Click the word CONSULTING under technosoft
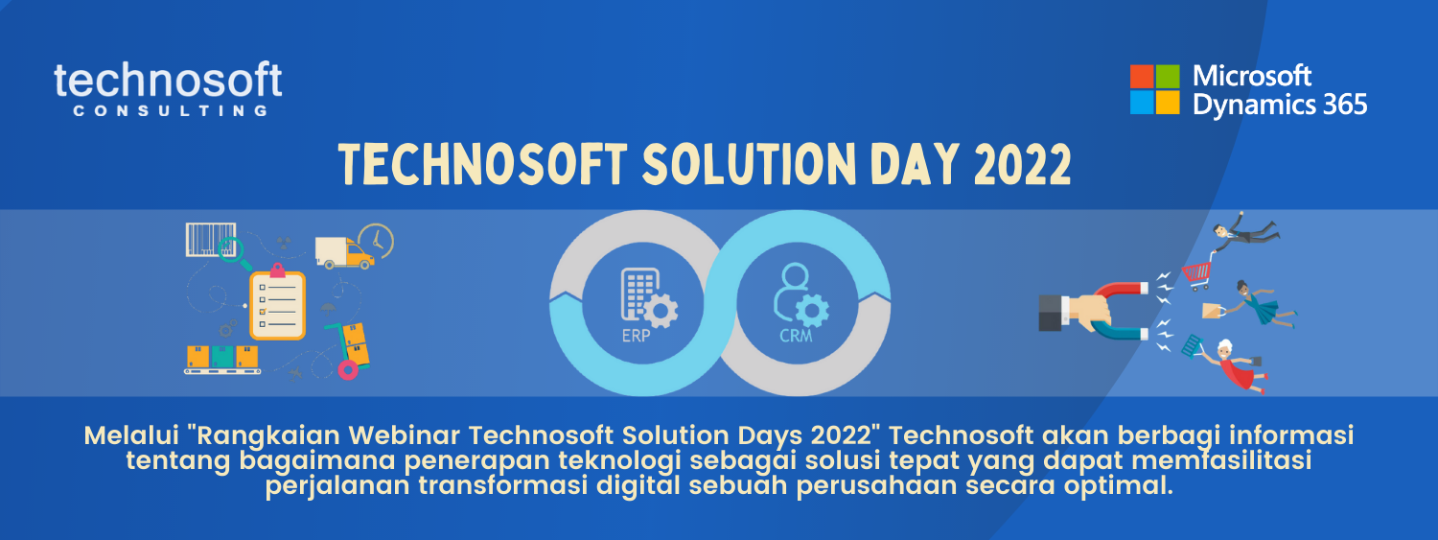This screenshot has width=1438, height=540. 170,110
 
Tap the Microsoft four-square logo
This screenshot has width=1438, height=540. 1154,89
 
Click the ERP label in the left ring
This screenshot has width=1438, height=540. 636,335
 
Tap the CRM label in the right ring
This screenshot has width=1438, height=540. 796,335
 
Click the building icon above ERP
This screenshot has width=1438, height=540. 648,296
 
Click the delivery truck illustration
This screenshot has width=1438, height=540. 344,253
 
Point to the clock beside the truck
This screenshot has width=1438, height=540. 377,241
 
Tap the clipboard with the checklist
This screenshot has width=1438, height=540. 277,302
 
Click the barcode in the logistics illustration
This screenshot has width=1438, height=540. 211,239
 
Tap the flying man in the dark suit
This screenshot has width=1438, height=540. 1245,231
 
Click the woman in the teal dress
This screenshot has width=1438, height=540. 1262,304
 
